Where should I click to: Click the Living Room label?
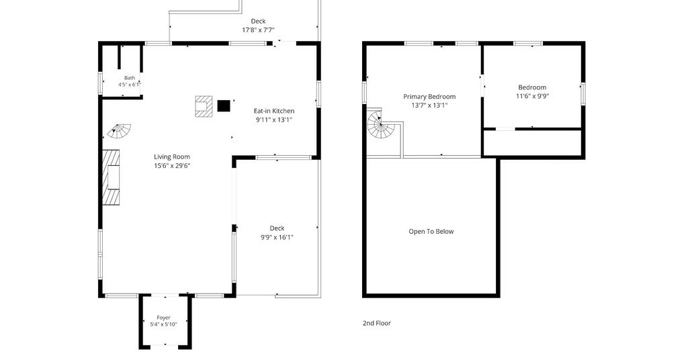tap(171, 156)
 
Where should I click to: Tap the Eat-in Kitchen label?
tap(274, 111)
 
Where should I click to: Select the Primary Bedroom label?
tap(429, 97)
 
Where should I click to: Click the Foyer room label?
tap(164, 318)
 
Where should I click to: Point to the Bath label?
tap(130, 78)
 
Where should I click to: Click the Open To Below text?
tap(431, 232)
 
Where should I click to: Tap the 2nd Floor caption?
tap(376, 323)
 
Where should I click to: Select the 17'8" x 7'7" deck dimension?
tap(258, 30)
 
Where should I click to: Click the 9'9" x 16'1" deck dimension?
tap(276, 237)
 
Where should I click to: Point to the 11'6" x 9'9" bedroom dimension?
tap(532, 96)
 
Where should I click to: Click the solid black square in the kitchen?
tap(224, 105)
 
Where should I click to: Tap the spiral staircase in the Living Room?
tap(120, 131)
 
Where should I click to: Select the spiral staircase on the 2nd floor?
tap(380, 124)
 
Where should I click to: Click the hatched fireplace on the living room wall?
tap(111, 177)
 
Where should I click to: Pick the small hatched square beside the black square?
tap(204, 106)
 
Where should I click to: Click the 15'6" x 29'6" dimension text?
tap(171, 165)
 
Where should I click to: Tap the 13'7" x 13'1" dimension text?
tap(429, 105)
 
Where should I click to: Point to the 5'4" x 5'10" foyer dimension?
tap(163, 324)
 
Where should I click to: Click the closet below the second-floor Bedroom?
tap(532, 142)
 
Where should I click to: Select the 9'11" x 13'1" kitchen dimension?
tap(274, 120)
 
